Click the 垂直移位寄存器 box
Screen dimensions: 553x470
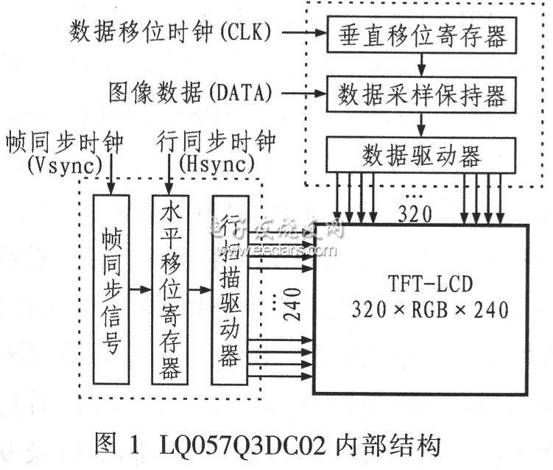[x=421, y=35]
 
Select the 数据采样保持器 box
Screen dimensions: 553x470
[x=421, y=94]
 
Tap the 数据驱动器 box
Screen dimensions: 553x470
[x=421, y=155]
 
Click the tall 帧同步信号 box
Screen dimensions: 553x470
[x=111, y=290]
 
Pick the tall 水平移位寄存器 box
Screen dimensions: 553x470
[x=170, y=290]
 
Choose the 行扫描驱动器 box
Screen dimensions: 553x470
[x=230, y=290]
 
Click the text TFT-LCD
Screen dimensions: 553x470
[x=430, y=284]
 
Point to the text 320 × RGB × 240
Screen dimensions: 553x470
[x=430, y=309]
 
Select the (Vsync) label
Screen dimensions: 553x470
[x=66, y=164]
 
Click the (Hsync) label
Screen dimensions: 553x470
[x=216, y=164]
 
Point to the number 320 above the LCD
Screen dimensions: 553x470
[x=415, y=214]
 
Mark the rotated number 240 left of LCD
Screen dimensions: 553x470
[x=293, y=304]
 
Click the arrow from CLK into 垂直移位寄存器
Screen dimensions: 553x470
[x=305, y=33]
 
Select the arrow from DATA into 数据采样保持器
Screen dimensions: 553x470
[x=305, y=94]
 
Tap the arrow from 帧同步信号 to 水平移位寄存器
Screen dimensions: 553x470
[x=141, y=290]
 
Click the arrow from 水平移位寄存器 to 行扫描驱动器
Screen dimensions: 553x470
[x=200, y=290]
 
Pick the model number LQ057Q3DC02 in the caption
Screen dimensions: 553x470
[x=243, y=446]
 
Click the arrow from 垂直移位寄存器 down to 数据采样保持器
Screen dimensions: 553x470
[x=421, y=65]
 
